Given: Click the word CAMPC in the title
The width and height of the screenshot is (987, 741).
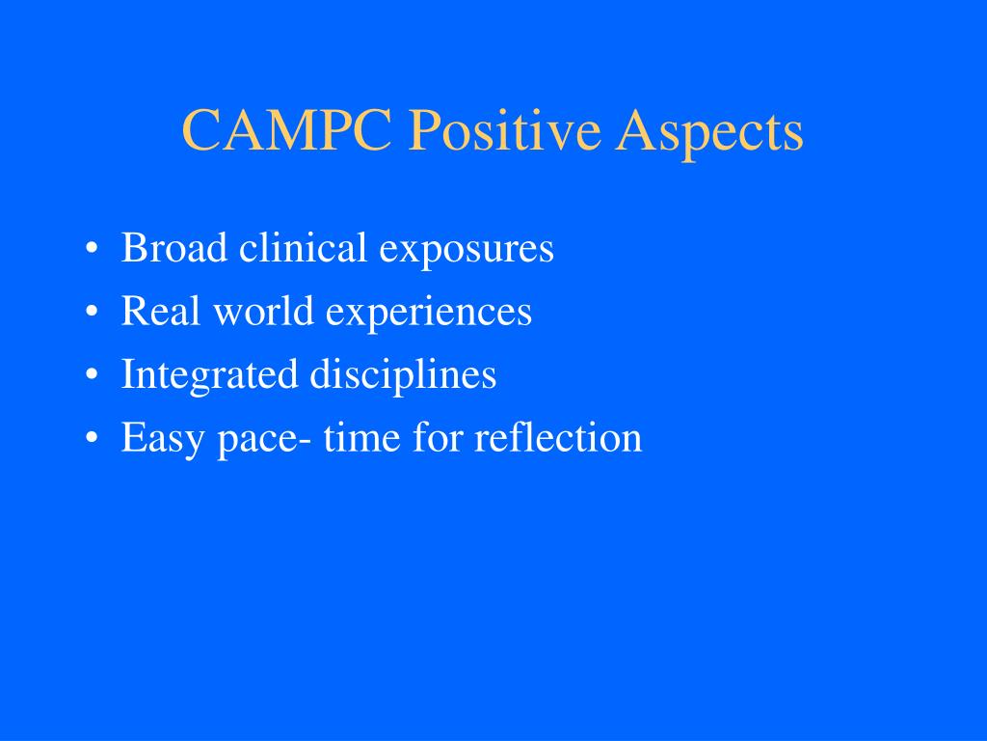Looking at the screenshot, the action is (287, 129).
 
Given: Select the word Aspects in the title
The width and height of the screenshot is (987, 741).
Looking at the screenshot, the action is (709, 133).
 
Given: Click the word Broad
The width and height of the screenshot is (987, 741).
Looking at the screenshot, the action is (173, 247).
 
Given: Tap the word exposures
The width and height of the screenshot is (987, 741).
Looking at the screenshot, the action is (467, 250).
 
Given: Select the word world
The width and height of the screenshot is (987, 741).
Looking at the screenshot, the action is (264, 310).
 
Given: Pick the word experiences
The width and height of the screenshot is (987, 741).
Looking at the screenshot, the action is (429, 314).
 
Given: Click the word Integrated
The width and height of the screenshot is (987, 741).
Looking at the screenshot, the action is (209, 376).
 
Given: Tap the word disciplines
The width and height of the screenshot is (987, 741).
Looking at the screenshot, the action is (403, 376).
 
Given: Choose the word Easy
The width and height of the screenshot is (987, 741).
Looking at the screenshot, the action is (162, 439).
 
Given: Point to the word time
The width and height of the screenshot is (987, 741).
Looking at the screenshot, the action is (362, 436).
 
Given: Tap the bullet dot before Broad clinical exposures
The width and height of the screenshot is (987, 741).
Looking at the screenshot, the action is (92, 248).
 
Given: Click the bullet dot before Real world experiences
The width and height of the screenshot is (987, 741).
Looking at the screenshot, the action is (92, 312).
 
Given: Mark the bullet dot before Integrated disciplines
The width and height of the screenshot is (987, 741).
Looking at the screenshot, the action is (92, 374).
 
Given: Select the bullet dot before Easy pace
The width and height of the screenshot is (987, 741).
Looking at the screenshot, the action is (92, 437).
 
